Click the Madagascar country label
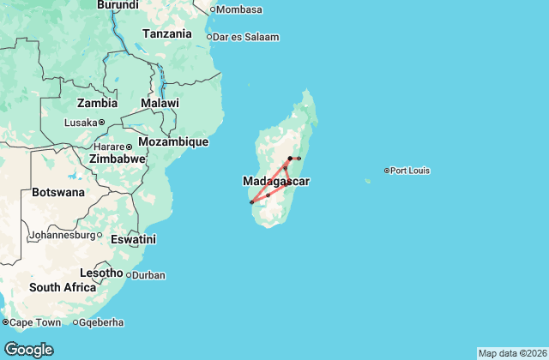point(275,182)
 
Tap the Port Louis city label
point(410,171)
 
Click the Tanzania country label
point(167,34)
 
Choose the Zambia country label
point(97,103)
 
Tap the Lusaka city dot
point(101,123)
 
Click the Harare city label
point(109,146)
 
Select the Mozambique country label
point(173,141)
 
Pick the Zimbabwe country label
point(118,159)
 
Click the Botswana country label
point(58,192)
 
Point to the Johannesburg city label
point(66,235)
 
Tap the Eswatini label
point(133,239)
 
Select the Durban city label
point(149,275)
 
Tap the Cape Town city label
point(35,322)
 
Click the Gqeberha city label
point(103,322)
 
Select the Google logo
point(28,349)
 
